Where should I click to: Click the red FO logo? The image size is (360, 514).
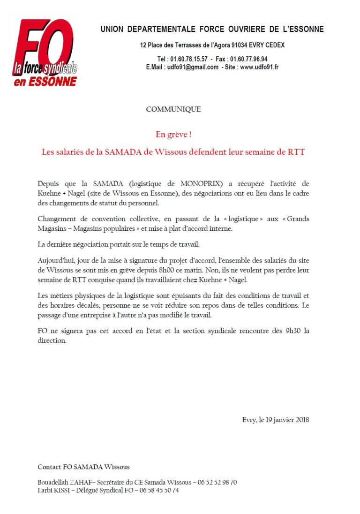[45, 52]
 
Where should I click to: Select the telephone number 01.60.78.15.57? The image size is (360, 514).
[187, 59]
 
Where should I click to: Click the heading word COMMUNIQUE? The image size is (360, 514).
[173, 109]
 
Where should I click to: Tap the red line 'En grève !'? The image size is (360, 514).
[173, 135]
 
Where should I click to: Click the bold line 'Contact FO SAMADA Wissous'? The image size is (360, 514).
[83, 467]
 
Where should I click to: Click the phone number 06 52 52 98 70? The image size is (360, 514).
[217, 482]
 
